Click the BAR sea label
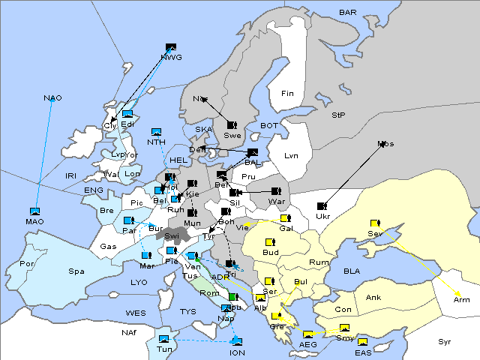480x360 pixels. tap(348, 13)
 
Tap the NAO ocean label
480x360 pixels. tap(52, 98)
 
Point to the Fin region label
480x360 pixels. tap(287, 94)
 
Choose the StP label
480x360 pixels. tap(338, 115)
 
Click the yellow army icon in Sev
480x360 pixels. tap(375, 223)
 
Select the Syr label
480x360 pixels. tap(445, 341)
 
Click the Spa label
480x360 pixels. tap(76, 271)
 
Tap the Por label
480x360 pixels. tap(27, 264)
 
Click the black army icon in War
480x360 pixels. tap(277, 191)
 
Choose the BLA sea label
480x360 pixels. tap(352, 271)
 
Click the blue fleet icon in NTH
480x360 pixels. tap(157, 132)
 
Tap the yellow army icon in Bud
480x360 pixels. tap(270, 241)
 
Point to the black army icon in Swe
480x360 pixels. tap(232, 124)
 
